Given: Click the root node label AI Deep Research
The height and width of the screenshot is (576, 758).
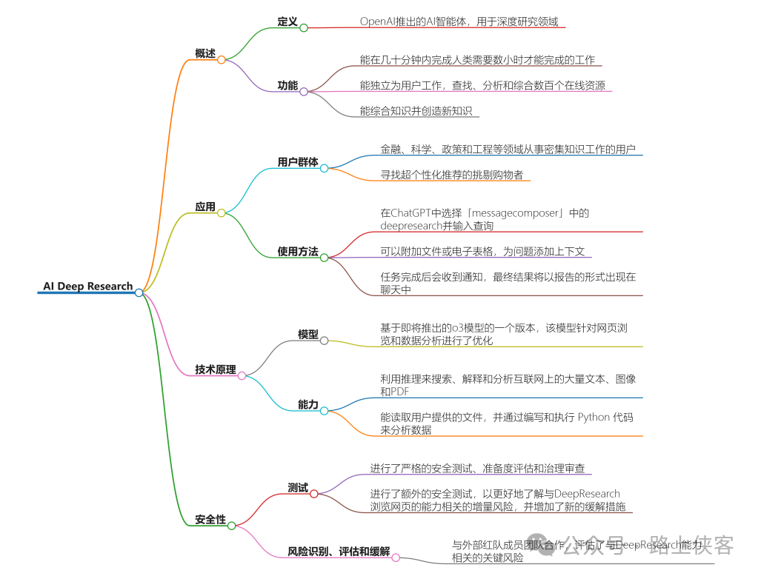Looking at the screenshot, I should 87,287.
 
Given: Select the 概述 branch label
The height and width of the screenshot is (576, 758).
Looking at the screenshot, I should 205,53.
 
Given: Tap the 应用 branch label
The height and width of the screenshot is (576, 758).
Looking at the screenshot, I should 205,207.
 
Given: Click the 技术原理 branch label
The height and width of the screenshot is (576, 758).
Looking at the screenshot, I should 215,369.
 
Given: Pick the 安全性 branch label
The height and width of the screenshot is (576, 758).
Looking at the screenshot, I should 210,520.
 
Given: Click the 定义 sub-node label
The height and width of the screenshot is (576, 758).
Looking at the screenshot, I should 287,22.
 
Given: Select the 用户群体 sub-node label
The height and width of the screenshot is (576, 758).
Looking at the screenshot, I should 298,162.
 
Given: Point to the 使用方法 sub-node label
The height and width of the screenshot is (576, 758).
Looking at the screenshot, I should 298,252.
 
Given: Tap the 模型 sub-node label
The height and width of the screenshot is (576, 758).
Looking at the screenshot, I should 308,335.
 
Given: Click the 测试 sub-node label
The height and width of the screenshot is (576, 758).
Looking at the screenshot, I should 298,488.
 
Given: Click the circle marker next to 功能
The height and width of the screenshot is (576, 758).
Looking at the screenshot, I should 304,92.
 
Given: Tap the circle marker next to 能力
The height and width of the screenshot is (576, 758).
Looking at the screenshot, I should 324,410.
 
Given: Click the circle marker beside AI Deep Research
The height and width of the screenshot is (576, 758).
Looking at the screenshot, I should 139,292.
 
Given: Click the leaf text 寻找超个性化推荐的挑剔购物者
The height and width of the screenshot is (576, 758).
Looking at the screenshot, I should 452,175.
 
